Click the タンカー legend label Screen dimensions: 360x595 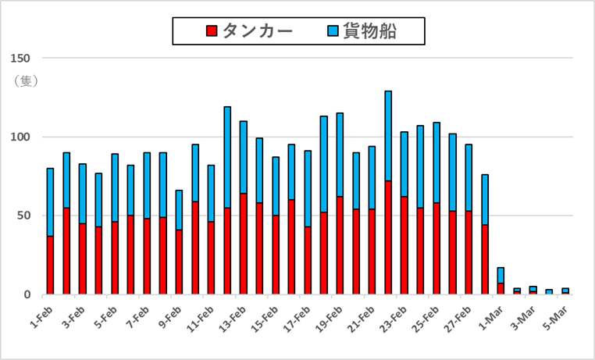coord(257,31)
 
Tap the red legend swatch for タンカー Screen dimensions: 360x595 coord(211,31)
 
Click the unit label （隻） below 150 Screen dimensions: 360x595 coord(23,80)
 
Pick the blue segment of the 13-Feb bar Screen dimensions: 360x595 coord(243,157)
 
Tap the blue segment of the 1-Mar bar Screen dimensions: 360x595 coord(500,276)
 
